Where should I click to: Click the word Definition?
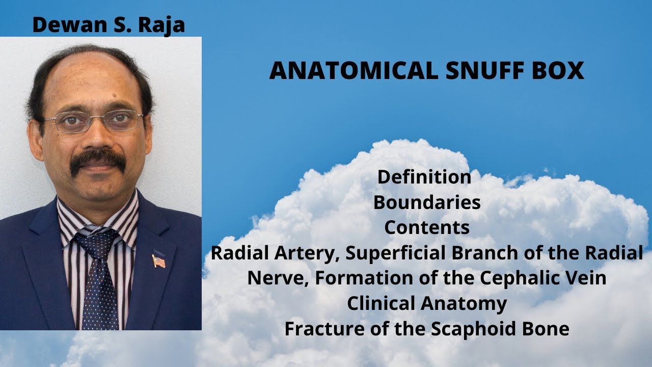tap(424, 177)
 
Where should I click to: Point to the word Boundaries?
tap(427, 203)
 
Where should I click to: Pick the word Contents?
tap(427, 228)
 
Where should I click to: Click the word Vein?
tap(586, 279)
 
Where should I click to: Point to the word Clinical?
tap(382, 304)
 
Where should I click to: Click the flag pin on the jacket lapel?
tap(158, 261)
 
